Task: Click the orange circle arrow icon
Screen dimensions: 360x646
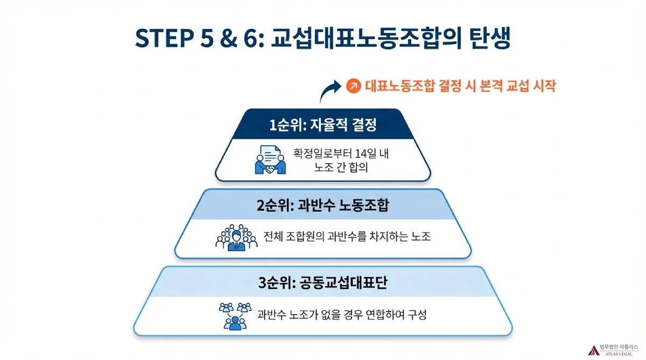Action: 354,86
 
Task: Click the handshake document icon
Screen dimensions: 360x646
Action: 270,159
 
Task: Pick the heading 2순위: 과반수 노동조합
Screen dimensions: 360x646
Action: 322,206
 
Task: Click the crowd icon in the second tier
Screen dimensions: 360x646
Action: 235,237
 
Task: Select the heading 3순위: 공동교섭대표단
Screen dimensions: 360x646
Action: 322,283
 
